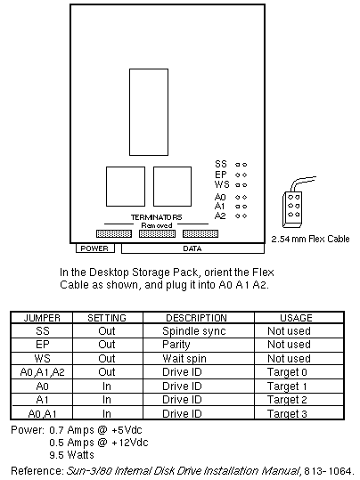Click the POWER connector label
coord(94,248)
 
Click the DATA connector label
coord(192,248)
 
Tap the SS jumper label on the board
coord(221,164)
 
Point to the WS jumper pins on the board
coord(241,185)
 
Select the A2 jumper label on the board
coord(220,216)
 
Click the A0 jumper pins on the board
coord(241,198)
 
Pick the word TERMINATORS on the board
coord(156,217)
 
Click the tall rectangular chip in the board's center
coord(149,112)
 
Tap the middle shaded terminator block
coord(157,234)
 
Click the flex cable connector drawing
coord(292,209)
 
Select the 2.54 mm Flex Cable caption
coord(310,239)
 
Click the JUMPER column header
coord(42,318)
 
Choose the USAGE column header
coord(296,318)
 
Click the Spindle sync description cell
coord(194,331)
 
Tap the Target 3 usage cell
coord(287,413)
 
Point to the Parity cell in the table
coord(176,345)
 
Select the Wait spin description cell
coord(184,359)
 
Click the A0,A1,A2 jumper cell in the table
coord(42,372)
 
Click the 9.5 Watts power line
coord(71,454)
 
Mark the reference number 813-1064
coord(328,470)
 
